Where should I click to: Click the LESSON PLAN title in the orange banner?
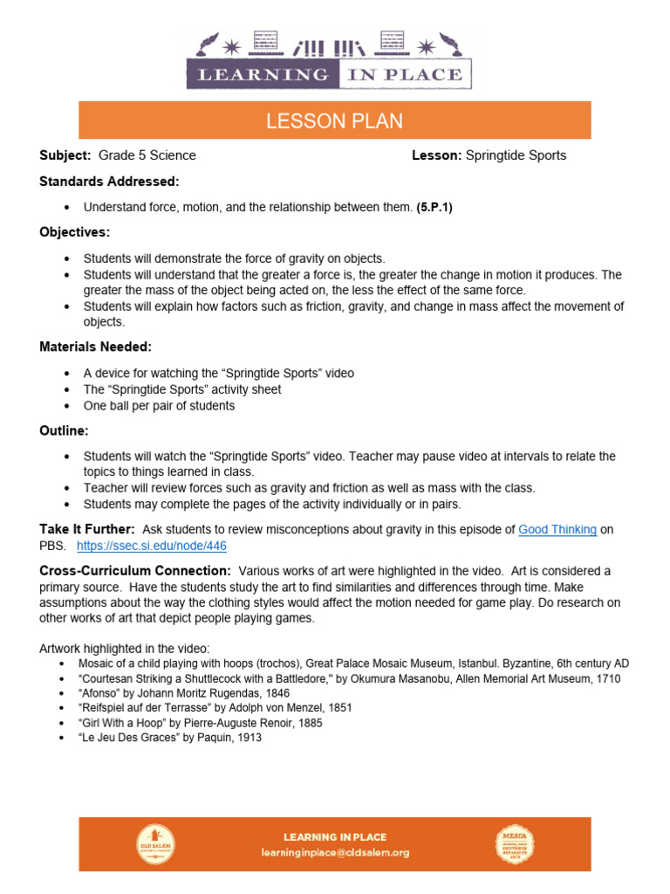pos(334,121)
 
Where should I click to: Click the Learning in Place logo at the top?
pos(329,61)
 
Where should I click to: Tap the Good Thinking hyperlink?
pos(557,529)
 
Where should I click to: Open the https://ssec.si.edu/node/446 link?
pos(152,546)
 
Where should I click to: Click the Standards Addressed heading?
pos(109,182)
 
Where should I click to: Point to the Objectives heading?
pos(75,232)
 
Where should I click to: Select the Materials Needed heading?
pos(96,347)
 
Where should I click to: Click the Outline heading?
pos(65,430)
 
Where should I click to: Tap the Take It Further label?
pos(87,529)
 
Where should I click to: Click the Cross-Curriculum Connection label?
pos(135,570)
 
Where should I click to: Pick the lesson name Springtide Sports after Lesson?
pos(516,155)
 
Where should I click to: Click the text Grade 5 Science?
pos(147,155)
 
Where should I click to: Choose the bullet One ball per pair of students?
pos(159,405)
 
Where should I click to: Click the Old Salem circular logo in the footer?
pos(155,844)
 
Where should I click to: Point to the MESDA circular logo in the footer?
pos(516,844)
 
